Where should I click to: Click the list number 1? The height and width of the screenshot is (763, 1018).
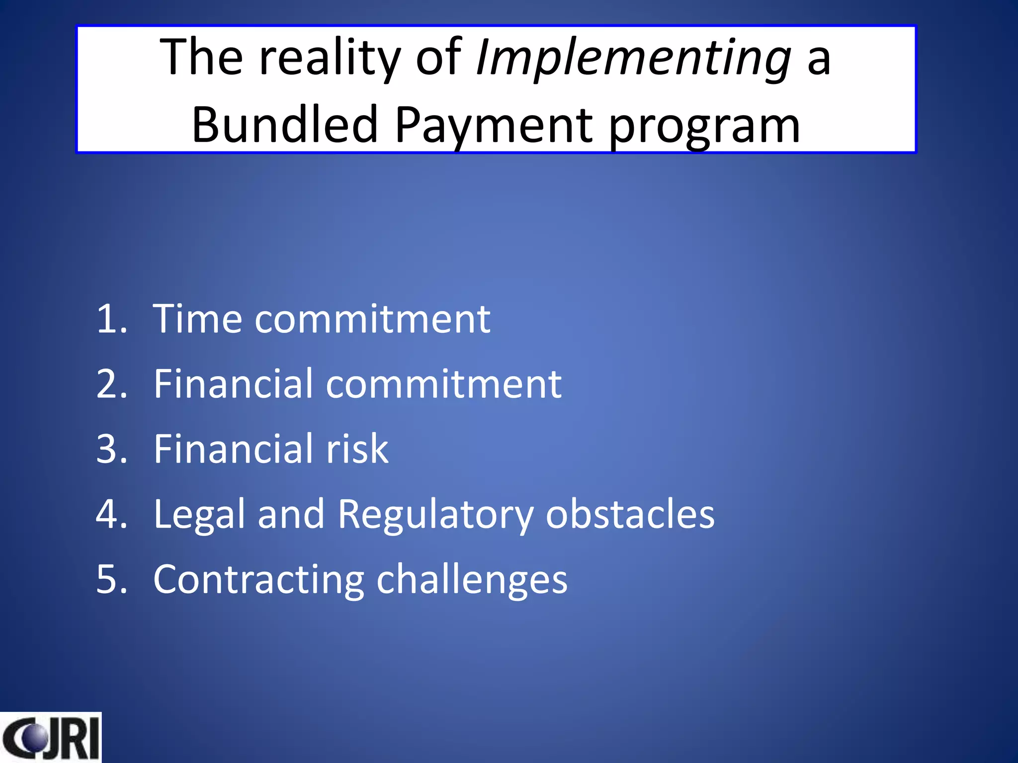(x=110, y=319)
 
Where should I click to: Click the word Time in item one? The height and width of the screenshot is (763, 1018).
(x=197, y=319)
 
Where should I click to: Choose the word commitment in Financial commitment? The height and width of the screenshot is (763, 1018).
(x=443, y=384)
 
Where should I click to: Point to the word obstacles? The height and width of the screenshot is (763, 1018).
(x=630, y=514)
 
